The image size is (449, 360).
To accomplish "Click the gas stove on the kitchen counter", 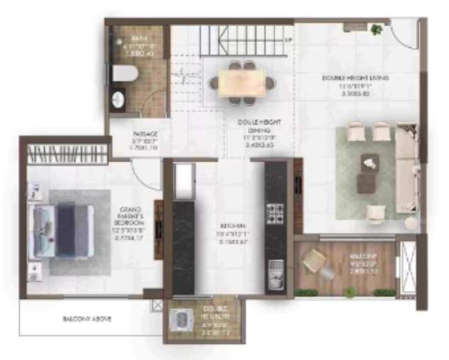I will [274, 212].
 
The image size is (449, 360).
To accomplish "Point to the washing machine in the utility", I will [183, 321].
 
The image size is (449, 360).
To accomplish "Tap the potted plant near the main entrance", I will [376, 30].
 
